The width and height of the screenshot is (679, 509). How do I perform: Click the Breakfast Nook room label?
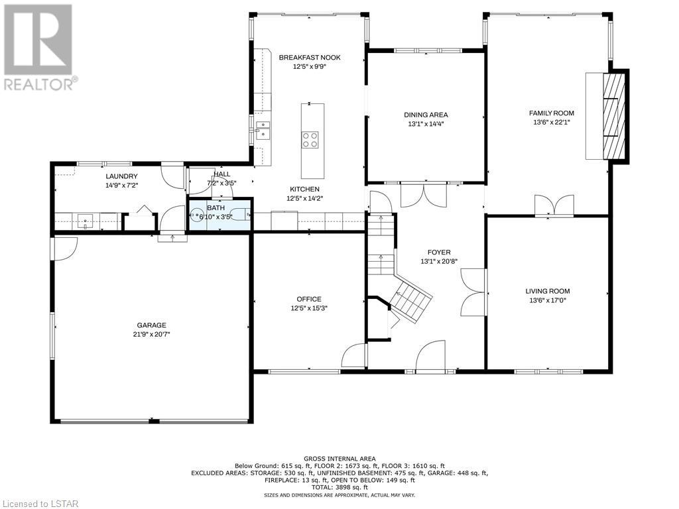click(309, 57)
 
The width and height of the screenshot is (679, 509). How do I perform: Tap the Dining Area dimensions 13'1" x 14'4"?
click(426, 124)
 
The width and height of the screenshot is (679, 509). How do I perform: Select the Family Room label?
click(551, 113)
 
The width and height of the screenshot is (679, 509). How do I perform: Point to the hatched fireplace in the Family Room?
click(615, 117)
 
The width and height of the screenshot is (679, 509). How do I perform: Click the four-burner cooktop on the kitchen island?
click(310, 140)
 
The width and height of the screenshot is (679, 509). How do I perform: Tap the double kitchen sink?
click(263, 131)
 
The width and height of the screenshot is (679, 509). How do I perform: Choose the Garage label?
click(152, 325)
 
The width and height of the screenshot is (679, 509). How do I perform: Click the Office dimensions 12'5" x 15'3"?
click(309, 309)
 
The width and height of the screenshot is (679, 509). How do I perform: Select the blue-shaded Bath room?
click(219, 215)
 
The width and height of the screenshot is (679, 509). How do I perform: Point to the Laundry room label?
click(122, 176)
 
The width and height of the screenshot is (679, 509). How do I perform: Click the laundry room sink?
click(86, 221)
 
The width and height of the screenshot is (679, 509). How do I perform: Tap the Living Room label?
click(548, 292)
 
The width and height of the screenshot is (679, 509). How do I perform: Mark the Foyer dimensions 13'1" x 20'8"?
click(439, 261)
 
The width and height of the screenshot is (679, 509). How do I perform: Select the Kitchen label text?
click(305, 189)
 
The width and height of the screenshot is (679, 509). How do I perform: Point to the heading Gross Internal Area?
click(339, 459)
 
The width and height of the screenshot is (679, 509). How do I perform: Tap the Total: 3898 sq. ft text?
click(339, 487)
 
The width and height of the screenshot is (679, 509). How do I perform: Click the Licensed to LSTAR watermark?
click(39, 504)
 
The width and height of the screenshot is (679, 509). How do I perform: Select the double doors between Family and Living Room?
click(554, 205)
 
